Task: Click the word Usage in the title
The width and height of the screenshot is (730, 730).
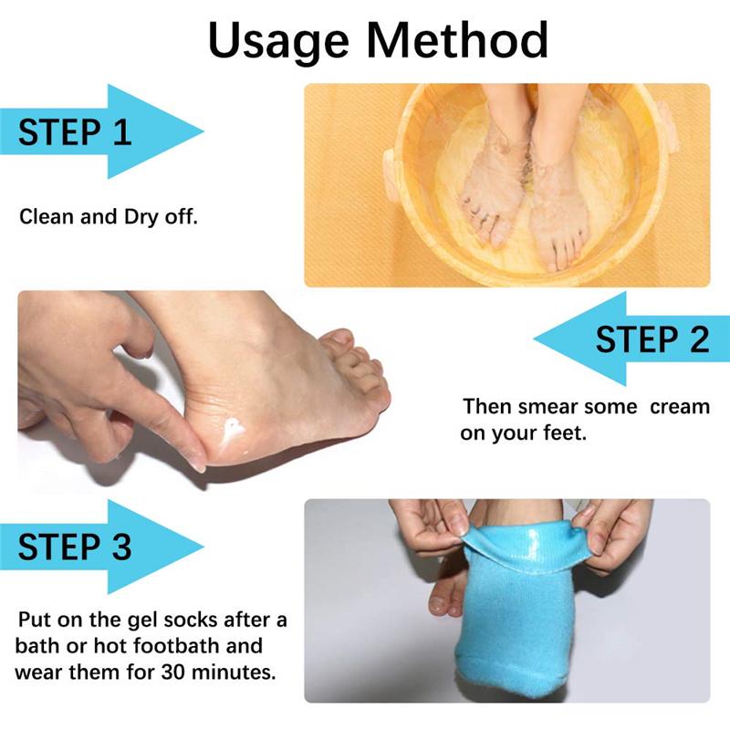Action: (x=278, y=42)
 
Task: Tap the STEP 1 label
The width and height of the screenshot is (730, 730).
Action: (x=75, y=132)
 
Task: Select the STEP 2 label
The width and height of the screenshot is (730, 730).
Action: (x=652, y=339)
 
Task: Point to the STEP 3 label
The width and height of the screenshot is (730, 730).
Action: (x=75, y=547)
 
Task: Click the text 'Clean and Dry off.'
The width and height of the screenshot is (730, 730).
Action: (x=109, y=217)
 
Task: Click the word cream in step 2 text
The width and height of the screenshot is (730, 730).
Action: (x=680, y=407)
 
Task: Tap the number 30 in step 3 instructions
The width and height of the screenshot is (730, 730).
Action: (x=173, y=672)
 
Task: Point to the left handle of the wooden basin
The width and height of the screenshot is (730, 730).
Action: (x=391, y=174)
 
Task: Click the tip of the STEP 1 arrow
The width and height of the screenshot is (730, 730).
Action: (x=203, y=131)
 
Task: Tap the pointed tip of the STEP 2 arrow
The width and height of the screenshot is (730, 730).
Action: (x=534, y=339)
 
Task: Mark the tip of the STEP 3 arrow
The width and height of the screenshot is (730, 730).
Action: (x=203, y=546)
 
